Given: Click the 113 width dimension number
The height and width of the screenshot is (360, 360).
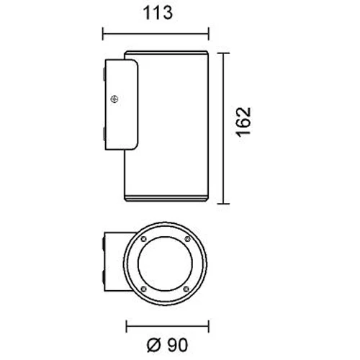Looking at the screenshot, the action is (158, 13).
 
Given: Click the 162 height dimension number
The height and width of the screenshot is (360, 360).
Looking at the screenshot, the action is (244, 122).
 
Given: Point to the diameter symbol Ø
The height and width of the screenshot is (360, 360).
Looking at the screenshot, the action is (153, 346).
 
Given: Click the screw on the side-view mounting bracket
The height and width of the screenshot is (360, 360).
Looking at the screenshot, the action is (114, 99).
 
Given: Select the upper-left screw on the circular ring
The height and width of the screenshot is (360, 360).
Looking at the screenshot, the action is (144, 239).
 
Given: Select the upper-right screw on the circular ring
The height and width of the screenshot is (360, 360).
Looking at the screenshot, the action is (187, 239).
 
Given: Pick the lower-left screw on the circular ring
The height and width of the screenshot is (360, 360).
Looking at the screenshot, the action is (143, 289).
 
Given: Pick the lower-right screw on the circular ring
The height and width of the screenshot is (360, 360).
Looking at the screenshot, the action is (186, 289).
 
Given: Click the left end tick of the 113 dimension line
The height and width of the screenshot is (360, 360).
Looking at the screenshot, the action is (103, 34).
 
